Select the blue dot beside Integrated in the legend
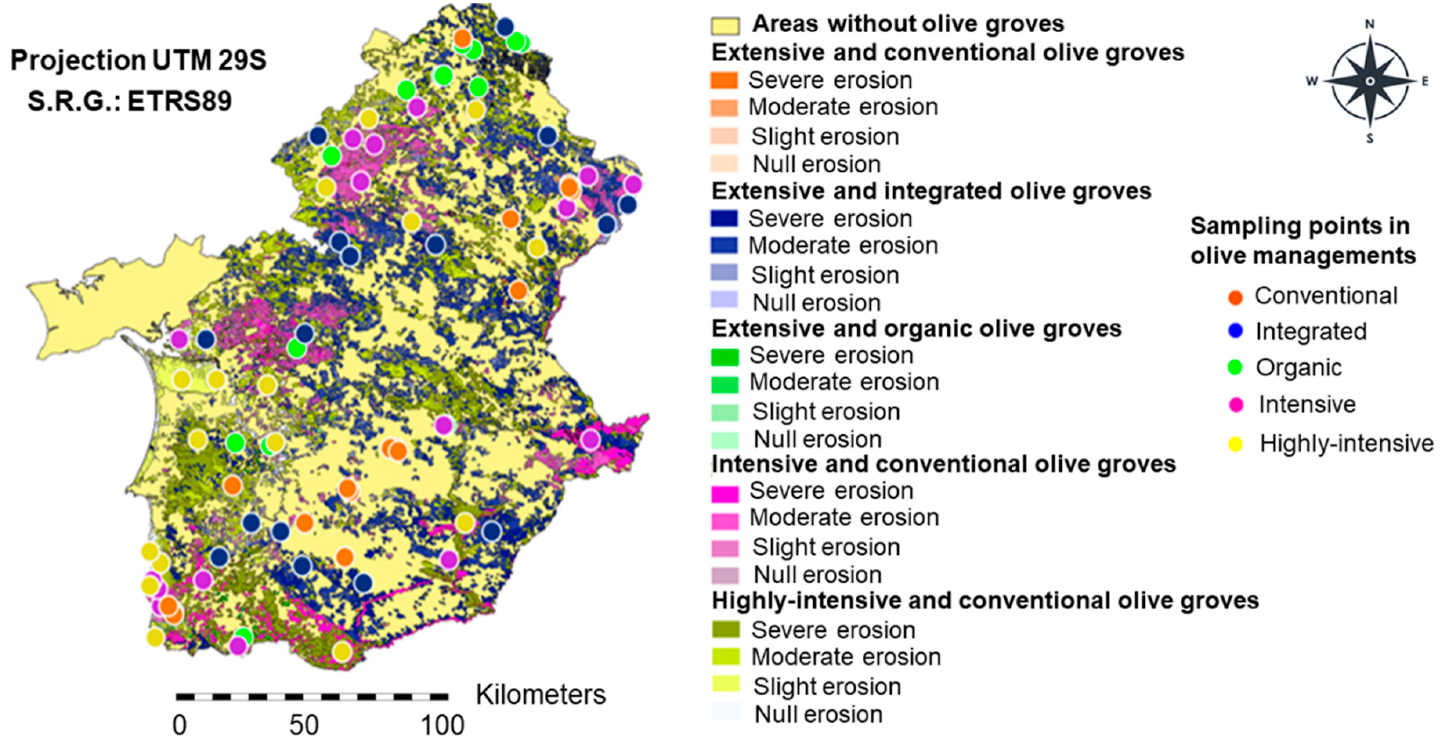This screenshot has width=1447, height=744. (1235, 331)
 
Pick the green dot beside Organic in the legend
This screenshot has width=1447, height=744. (1235, 367)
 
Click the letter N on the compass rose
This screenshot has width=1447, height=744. (1369, 25)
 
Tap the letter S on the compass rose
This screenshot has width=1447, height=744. (1369, 138)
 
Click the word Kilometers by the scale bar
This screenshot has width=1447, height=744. (541, 695)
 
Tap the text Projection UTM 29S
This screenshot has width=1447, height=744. (138, 60)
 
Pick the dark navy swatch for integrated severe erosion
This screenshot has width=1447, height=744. (724, 218)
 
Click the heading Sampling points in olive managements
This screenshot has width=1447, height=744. (1302, 241)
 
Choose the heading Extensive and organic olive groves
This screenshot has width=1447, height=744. (916, 329)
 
